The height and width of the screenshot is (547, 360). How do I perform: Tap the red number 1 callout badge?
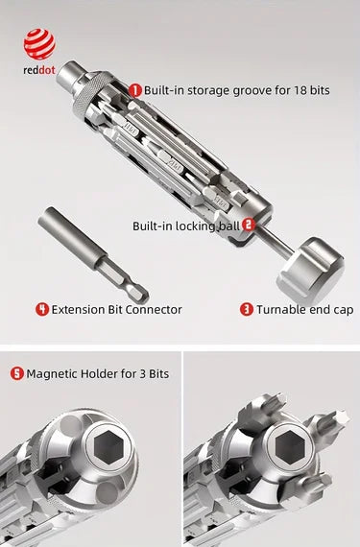pyautogui.click(x=135, y=89)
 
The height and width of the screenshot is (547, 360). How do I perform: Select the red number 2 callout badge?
pyautogui.click(x=249, y=226)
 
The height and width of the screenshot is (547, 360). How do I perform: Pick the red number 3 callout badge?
pyautogui.click(x=246, y=309)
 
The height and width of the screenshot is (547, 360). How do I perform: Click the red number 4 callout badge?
pyautogui.click(x=42, y=309)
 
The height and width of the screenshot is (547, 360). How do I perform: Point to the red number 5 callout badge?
pyautogui.click(x=17, y=372)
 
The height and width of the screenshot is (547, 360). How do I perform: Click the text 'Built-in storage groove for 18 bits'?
pyautogui.click(x=236, y=89)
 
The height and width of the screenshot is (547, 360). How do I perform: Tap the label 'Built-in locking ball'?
pyautogui.click(x=186, y=226)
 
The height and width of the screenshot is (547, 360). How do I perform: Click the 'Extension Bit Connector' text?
pyautogui.click(x=116, y=309)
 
